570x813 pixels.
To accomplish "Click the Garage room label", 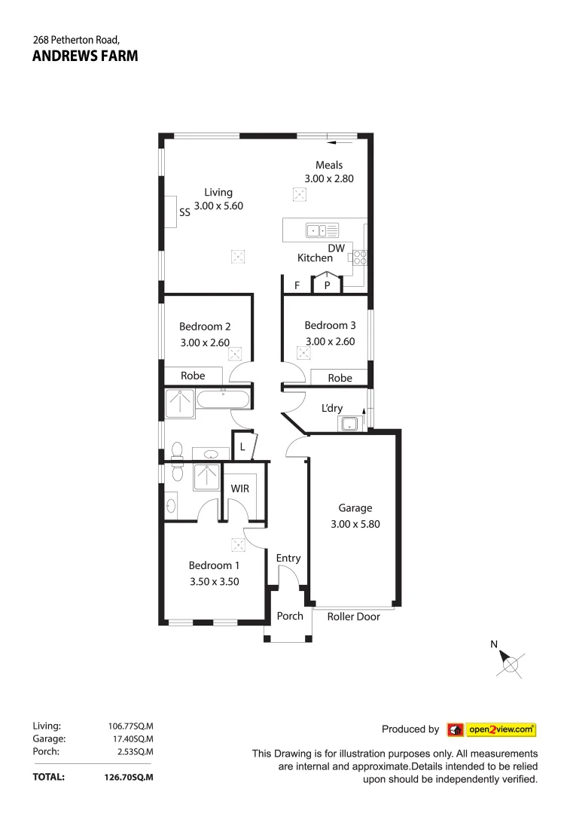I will tap(355, 508).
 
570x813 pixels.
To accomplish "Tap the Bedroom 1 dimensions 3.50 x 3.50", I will tap(214, 581).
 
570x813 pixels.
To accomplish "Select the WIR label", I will tap(240, 489).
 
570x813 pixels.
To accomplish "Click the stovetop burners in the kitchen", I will tap(358, 258).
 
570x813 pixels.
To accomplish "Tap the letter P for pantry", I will tap(328, 285).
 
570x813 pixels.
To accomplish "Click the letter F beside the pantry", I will tap(297, 285).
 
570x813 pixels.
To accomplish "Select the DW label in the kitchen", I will tap(336, 248).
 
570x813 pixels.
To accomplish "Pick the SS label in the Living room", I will tap(184, 213).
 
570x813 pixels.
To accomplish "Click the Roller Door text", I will tap(354, 617).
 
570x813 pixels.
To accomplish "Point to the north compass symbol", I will tap(511, 663).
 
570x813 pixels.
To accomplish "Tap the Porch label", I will tap(290, 616).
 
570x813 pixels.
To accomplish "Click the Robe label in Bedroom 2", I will tap(193, 376).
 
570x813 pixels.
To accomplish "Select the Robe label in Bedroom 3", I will tap(340, 378).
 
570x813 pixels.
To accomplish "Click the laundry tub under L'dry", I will tap(349, 425).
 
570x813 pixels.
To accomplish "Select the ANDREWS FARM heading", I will tap(85, 56).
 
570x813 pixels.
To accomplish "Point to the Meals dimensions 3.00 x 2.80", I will tap(329, 178).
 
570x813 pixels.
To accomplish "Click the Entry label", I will tap(288, 558).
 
